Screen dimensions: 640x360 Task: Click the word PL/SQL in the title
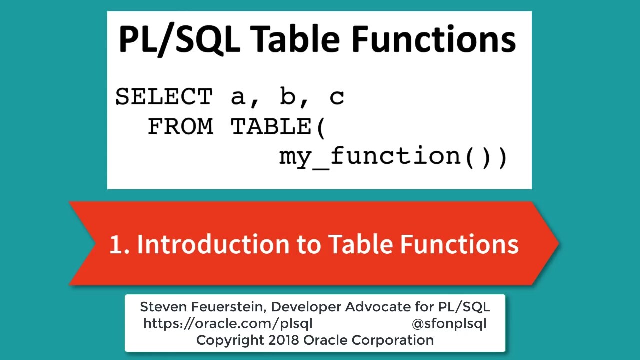click(x=179, y=39)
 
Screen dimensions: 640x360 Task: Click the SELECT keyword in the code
click(x=164, y=96)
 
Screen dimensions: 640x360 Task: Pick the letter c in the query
click(x=337, y=98)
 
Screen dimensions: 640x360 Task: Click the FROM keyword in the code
click(x=180, y=126)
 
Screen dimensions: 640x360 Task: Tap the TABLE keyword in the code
click(x=271, y=126)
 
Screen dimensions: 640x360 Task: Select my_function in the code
click(x=370, y=156)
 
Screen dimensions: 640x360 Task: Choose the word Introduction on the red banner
click(x=213, y=244)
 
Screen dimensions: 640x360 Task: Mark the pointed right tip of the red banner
click(x=559, y=243)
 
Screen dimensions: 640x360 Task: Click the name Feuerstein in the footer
click(x=229, y=307)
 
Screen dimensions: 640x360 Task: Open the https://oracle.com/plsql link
click(x=228, y=324)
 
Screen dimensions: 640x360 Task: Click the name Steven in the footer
click(x=163, y=307)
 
